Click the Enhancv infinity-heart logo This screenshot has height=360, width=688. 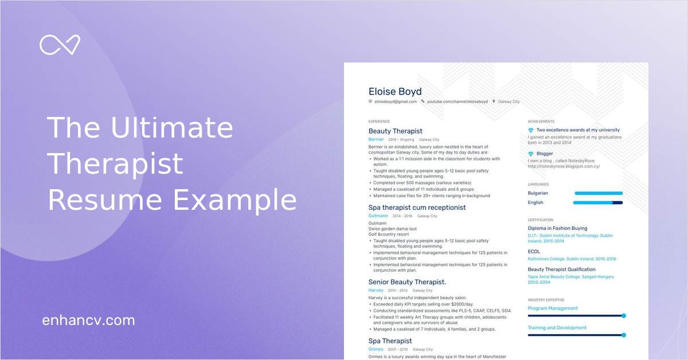coord(60,45)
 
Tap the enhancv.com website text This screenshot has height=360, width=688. coord(88,320)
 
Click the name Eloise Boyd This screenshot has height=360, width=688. coord(395,92)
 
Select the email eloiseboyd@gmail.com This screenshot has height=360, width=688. coord(395,101)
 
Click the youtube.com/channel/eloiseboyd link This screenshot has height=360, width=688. coord(457,101)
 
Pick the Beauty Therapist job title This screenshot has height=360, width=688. coord(395,131)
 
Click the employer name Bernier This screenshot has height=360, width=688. coord(376,139)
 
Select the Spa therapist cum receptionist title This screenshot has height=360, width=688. coord(417,208)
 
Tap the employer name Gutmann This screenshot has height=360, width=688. coord(378,216)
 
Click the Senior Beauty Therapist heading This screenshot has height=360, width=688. coord(407,282)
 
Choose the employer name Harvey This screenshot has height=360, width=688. coord(376,291)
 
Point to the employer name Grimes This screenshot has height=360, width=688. coord(376,349)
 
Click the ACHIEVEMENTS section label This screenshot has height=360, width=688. coord(541,122)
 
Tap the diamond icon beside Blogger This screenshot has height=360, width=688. coord(531,154)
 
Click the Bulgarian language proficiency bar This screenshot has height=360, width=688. coord(598,194)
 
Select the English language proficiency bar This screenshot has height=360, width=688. coord(598,202)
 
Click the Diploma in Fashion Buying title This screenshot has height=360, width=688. coord(557,229)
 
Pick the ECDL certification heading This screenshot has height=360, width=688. coord(534,252)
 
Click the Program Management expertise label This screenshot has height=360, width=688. coord(553,308)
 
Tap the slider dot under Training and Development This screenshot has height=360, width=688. coord(623,335)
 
